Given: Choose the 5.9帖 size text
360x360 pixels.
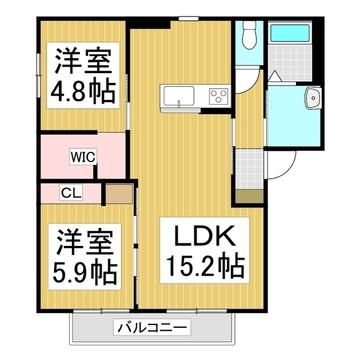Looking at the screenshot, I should [x=84, y=272].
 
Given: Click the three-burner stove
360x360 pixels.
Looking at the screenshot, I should [x=218, y=96].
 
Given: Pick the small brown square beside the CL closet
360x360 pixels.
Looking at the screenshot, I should [x=118, y=193].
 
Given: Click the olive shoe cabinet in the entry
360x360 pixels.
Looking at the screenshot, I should [x=249, y=196].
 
